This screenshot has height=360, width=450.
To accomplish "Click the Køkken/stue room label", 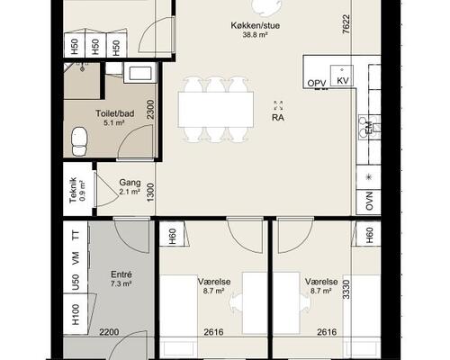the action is tap(256, 25).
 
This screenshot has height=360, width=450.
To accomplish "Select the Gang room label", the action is tap(130, 183).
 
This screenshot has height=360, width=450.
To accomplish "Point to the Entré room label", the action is tap(121, 274).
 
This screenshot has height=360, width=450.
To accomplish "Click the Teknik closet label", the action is tap(73, 190).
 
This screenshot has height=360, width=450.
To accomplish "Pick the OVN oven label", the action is tap(369, 201).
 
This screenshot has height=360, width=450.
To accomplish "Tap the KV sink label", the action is tap(343, 81).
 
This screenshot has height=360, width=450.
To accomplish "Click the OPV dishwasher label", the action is tap(317, 84).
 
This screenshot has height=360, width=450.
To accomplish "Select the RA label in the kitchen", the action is tap(278, 118).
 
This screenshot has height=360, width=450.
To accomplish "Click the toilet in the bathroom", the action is tap(79, 140).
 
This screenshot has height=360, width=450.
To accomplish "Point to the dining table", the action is tap(216, 110).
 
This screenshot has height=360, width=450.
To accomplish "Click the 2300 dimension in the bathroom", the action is tap(150, 110).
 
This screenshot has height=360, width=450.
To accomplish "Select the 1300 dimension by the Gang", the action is tap(150, 193).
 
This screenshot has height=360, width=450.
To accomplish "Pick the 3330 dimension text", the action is tap(346, 289).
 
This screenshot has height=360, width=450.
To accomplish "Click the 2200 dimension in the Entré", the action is tap(109, 332).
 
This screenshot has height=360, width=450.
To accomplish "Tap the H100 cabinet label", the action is tap(76, 314).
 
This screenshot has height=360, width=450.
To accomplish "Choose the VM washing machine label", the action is tap(76, 257).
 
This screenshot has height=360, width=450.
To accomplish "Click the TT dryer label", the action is tap(76, 235).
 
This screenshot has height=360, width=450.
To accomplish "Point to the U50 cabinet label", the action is tap(76, 283).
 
